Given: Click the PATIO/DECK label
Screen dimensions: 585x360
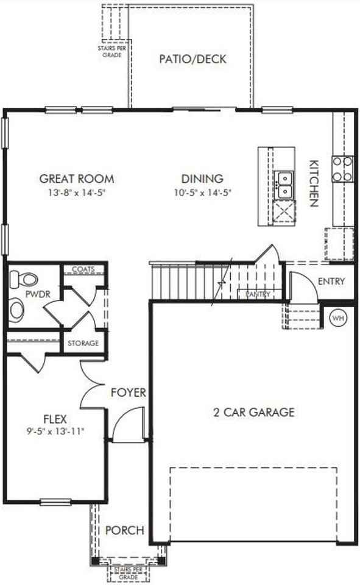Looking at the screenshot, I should click(x=192, y=59).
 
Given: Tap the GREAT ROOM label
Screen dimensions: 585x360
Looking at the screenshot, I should click(x=77, y=179).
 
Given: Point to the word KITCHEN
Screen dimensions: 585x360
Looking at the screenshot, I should click(x=314, y=183).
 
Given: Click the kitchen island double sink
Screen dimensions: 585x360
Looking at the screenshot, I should click(x=284, y=185).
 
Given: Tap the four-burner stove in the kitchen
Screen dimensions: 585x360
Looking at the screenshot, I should click(x=342, y=169).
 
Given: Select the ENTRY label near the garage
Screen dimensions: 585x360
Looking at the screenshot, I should click(x=331, y=282).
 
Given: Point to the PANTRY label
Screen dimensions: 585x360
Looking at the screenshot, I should click(x=258, y=294).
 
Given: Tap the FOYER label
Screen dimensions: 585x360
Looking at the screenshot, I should click(x=128, y=392).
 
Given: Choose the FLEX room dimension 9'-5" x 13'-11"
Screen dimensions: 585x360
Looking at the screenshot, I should click(x=55, y=431).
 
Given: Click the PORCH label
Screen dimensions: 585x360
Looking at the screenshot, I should click(x=124, y=530).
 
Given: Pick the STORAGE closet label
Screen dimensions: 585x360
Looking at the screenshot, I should click(x=83, y=343).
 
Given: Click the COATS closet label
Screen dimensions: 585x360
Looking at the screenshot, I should click(x=83, y=269).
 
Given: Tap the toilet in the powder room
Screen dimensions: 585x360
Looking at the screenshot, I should click(x=24, y=280).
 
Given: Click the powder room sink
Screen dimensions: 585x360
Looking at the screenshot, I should click(x=17, y=310).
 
